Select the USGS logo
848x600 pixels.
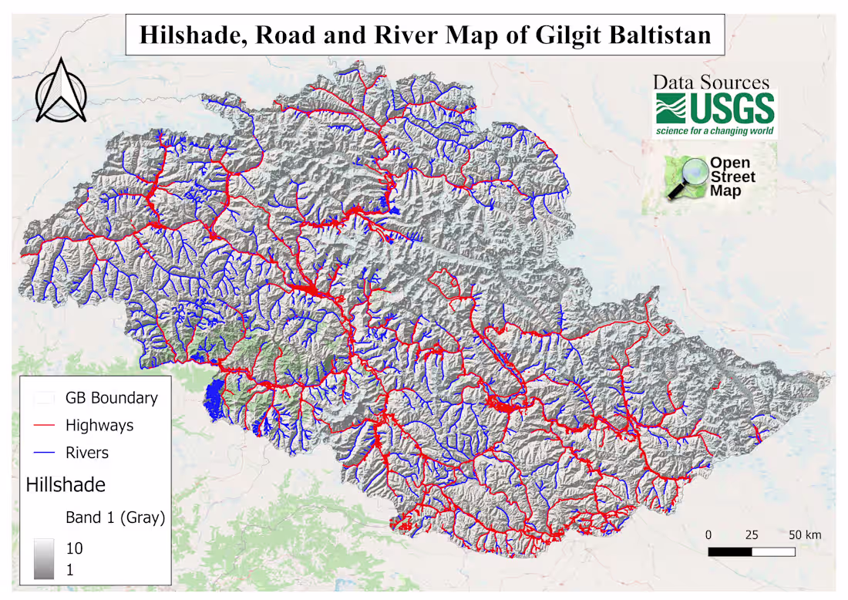(x=715, y=109)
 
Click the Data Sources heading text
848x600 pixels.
(x=710, y=82)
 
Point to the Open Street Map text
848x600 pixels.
(x=732, y=177)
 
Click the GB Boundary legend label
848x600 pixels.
(x=111, y=398)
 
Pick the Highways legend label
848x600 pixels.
(x=99, y=425)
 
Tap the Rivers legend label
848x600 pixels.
(x=87, y=453)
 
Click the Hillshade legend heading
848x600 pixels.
(x=66, y=485)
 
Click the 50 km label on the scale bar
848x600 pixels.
(x=805, y=535)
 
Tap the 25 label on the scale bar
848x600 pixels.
(x=752, y=535)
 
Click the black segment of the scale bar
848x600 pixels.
(x=730, y=551)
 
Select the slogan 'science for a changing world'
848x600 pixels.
(x=715, y=131)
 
